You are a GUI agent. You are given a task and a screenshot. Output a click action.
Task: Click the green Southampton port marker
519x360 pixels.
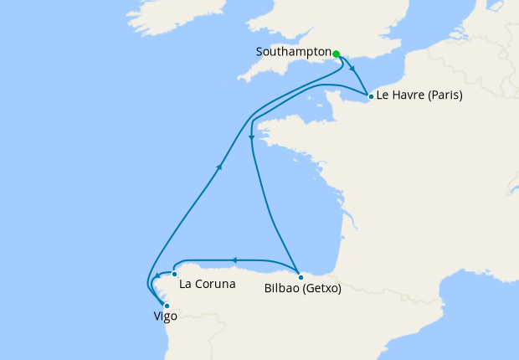coord(336,54)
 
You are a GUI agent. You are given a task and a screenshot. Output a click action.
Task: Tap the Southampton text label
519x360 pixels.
coord(293,52)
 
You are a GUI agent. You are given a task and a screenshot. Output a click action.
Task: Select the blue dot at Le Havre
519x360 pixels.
coord(371,96)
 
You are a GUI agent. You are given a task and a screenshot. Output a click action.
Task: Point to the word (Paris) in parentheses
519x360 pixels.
coord(444,95)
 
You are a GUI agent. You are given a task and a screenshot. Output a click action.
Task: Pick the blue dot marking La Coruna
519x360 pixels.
coord(174,274)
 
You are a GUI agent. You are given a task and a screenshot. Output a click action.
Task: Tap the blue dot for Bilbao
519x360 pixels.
coord(300,275)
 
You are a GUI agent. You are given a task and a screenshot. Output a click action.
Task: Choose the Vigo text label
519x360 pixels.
coord(166,317)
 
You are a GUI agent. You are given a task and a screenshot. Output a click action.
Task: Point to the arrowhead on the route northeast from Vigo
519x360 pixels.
coord(220,167)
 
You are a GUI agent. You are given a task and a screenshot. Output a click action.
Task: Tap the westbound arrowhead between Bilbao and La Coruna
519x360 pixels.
coord(234,260)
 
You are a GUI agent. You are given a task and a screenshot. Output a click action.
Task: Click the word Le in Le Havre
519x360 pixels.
coord(383,95)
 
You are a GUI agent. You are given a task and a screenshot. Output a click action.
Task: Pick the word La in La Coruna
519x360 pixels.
coord(187,284)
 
